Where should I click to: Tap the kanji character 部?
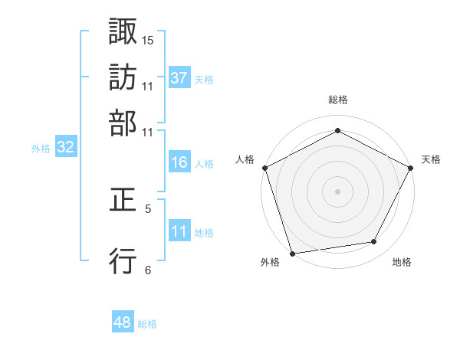pyautogui.click(x=123, y=123)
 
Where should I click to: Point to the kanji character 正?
pyautogui.click(x=123, y=201)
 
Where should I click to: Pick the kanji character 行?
pyautogui.click(x=123, y=262)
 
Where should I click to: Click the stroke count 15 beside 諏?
pyautogui.click(x=148, y=39)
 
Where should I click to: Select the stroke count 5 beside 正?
pyautogui.click(x=148, y=208)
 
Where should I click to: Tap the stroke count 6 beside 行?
pyautogui.click(x=148, y=269)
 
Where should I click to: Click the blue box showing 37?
pyautogui.click(x=179, y=78)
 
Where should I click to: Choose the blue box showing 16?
pyautogui.click(x=179, y=162)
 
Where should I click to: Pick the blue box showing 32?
pyautogui.click(x=65, y=148)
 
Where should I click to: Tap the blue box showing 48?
pyautogui.click(x=123, y=323)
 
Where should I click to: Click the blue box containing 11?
pyautogui.click(x=179, y=231)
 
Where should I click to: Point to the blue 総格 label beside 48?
pyautogui.click(x=147, y=324)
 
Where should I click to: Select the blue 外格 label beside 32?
pyautogui.click(x=41, y=149)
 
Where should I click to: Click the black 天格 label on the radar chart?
pyautogui.click(x=431, y=159)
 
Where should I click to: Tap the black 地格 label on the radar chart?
pyautogui.click(x=402, y=263)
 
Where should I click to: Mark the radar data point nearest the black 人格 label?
pyautogui.click(x=264, y=167)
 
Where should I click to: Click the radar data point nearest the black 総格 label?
pyautogui.click(x=337, y=130)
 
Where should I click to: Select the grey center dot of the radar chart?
pyautogui.click(x=337, y=191)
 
